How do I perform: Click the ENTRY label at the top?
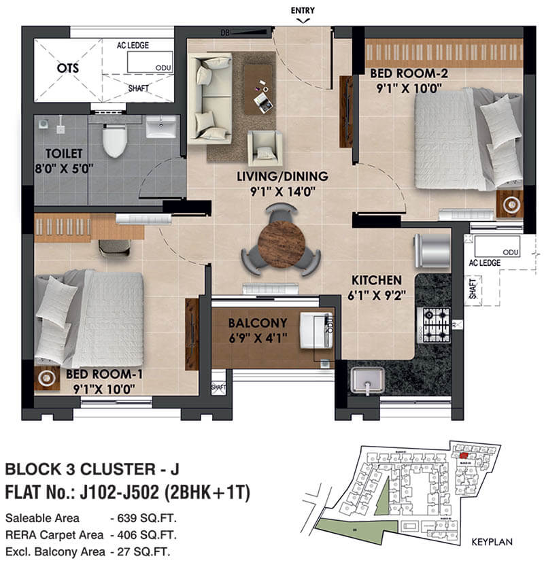coord(303,10)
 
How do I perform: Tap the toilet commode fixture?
coord(114,140)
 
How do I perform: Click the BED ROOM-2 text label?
coord(403,73)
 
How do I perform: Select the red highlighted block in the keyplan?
coord(463,455)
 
